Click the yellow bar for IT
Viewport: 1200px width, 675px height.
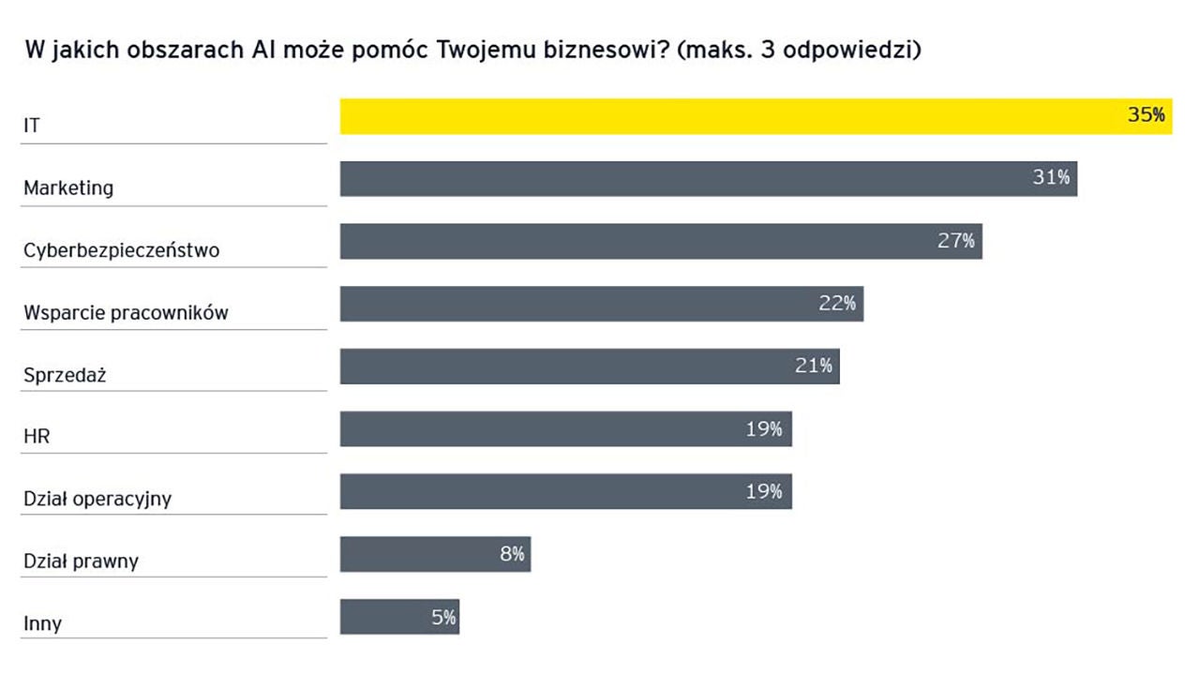731,116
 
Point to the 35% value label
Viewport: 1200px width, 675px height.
1146,115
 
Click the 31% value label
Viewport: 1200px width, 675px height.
1051,177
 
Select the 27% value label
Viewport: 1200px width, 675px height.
956,240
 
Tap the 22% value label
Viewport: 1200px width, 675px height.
837,303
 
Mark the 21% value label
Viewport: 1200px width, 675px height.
814,366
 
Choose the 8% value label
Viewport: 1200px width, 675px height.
512,554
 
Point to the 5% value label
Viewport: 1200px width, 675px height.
443,617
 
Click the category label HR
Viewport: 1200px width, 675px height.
36,437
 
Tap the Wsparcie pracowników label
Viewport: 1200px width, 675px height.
126,313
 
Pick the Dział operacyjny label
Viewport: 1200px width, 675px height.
97,499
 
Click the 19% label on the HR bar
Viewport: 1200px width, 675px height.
764,428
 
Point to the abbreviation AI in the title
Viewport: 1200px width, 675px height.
262,50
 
